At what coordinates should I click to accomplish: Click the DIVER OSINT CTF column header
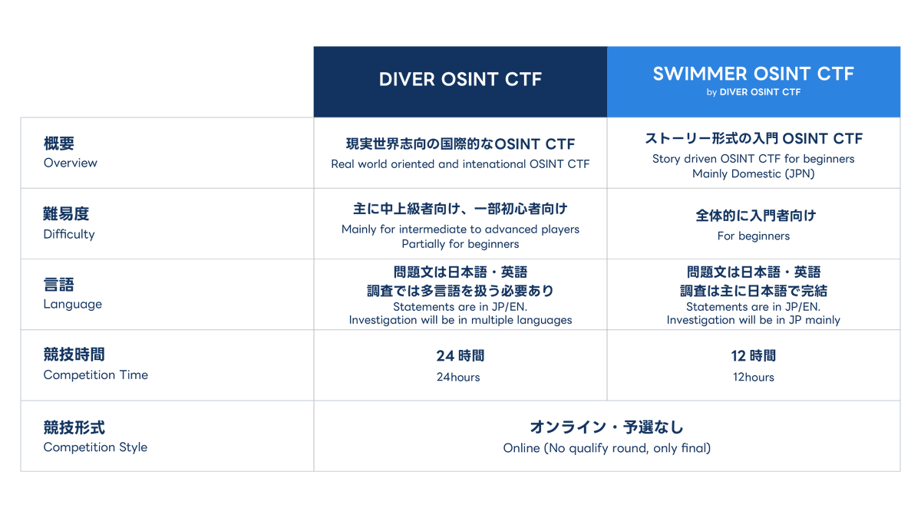[460, 80]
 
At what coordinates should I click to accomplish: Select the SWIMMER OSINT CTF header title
[753, 74]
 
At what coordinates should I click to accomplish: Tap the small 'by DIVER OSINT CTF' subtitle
[753, 92]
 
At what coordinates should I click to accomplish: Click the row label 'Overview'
[71, 163]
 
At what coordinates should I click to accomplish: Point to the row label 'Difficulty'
[69, 234]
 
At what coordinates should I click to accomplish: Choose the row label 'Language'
[73, 304]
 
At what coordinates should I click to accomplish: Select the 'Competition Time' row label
[96, 374]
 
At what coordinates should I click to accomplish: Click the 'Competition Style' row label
[95, 447]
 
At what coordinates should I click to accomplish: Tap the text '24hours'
[458, 377]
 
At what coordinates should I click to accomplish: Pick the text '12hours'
[753, 377]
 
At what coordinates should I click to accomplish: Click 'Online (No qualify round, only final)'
[606, 448]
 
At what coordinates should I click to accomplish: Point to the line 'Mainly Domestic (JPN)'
[753, 173]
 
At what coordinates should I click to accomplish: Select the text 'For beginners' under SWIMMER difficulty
[753, 236]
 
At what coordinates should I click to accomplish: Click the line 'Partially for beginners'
[460, 244]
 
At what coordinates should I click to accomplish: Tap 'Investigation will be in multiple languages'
[460, 320]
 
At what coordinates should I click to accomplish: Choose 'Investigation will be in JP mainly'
[753, 320]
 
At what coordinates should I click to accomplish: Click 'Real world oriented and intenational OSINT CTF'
[460, 163]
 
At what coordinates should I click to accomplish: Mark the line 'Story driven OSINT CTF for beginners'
[753, 159]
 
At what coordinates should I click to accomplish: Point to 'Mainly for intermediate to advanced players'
[460, 229]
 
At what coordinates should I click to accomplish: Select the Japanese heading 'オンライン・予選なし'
[606, 427]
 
